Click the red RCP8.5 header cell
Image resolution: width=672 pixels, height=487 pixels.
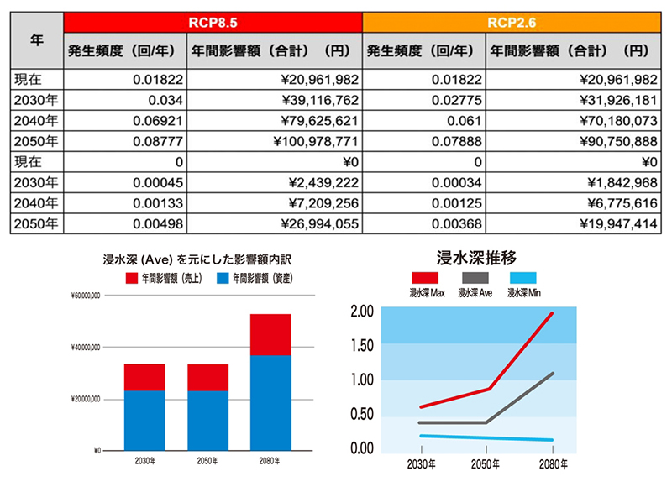213,20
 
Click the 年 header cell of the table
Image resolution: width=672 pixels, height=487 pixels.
36,39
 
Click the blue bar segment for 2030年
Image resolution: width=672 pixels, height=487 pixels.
144,420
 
